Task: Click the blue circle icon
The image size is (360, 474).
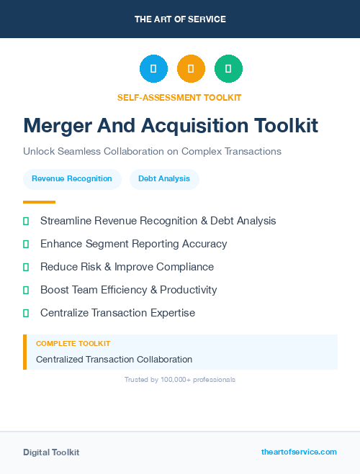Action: (x=153, y=69)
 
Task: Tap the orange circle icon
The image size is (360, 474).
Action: (x=191, y=69)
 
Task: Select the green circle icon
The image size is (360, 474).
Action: (x=228, y=69)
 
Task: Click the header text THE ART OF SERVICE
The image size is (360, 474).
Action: (x=180, y=19)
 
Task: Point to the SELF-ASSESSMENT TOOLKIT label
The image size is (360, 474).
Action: (x=180, y=97)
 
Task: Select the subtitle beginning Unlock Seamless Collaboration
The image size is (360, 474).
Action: (x=152, y=152)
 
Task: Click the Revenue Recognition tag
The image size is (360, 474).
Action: (x=72, y=178)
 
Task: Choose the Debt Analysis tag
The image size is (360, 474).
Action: (x=164, y=178)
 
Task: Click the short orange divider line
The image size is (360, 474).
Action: (x=39, y=202)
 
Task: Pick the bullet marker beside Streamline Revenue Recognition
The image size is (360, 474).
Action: (x=26, y=221)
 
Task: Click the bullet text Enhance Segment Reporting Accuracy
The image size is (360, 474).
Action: (x=133, y=244)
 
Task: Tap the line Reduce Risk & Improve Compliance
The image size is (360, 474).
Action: (x=127, y=267)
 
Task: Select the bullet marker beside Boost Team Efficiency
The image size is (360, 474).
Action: (x=26, y=290)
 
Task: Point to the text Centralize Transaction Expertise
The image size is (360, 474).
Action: (x=117, y=313)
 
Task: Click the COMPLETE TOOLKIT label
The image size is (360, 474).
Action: (x=73, y=344)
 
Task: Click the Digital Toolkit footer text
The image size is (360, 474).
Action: (x=51, y=452)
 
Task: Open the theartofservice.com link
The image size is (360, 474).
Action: (x=299, y=452)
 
